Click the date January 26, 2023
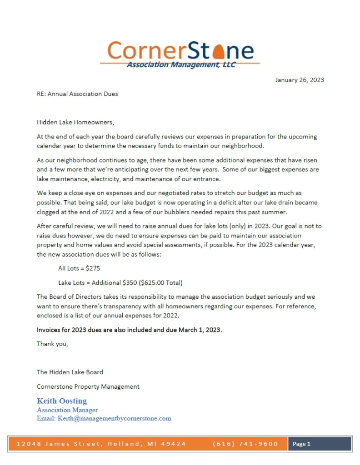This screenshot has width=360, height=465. [x=299, y=80]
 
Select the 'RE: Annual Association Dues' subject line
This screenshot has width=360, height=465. [x=77, y=94]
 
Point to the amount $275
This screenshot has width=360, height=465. [x=93, y=268]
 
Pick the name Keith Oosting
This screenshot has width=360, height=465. [x=62, y=401]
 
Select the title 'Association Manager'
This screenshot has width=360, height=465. [x=67, y=410]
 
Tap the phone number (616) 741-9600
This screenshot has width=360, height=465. [x=245, y=444]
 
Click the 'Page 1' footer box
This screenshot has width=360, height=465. [x=320, y=444]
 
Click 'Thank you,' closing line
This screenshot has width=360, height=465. [x=52, y=344]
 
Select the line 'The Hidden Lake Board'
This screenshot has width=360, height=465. [x=70, y=372]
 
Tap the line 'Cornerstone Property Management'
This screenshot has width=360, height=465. [x=88, y=386]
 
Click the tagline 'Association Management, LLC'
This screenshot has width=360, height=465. [x=181, y=65]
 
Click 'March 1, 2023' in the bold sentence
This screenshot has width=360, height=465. [x=199, y=330]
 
